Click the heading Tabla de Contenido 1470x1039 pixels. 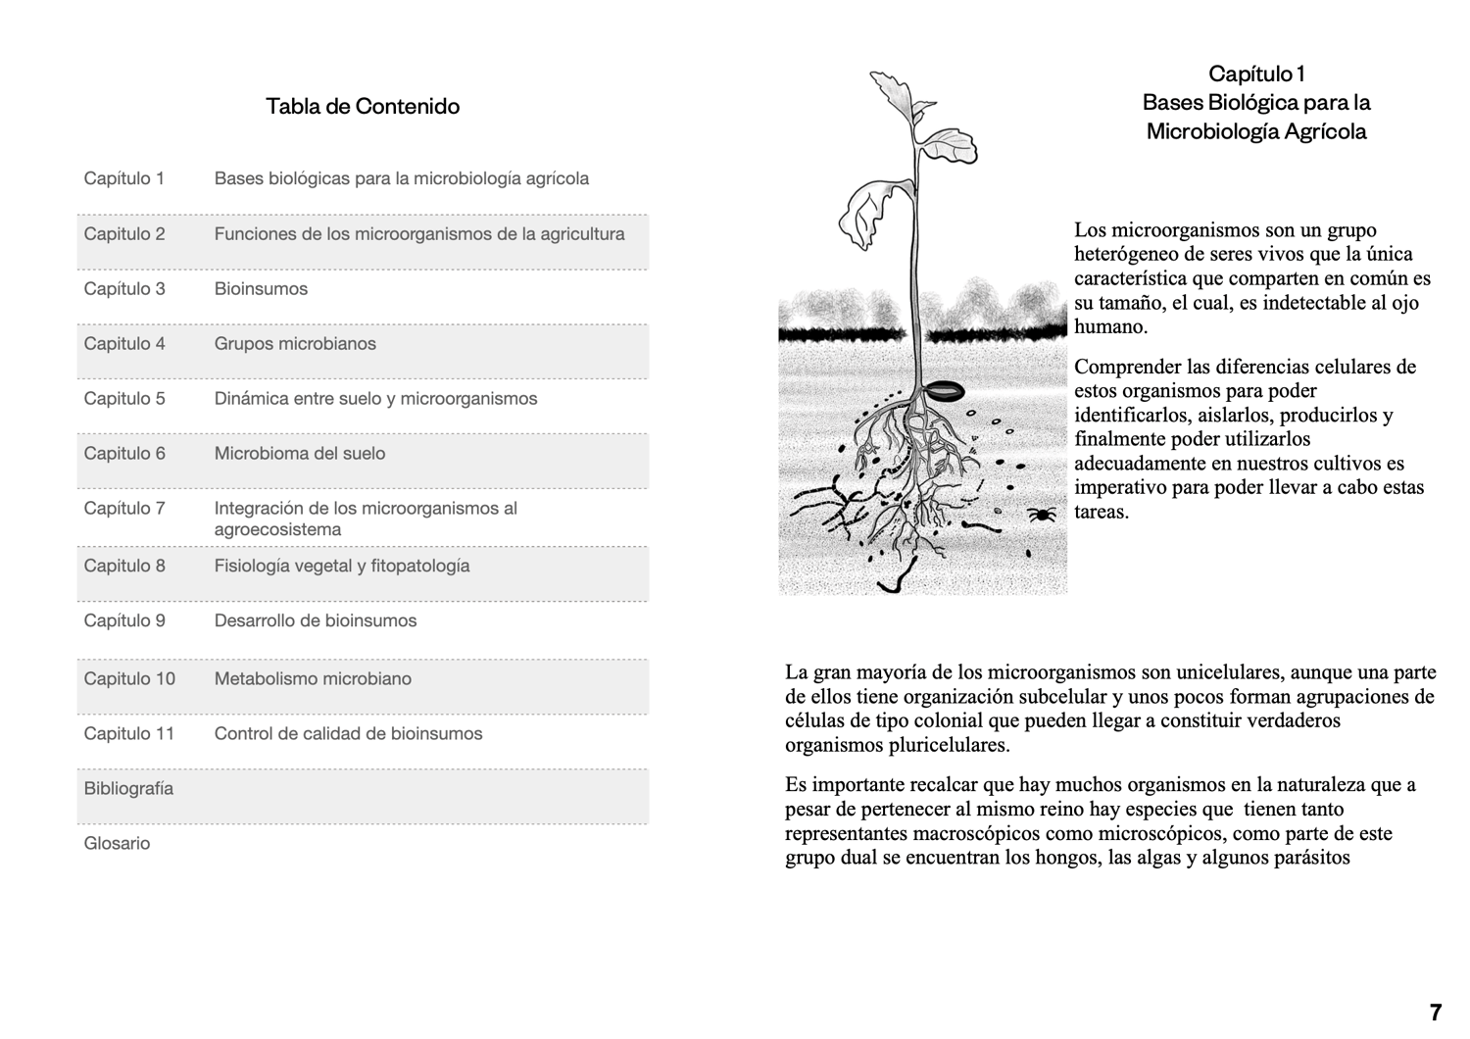(x=363, y=106)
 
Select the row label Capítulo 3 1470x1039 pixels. (x=124, y=289)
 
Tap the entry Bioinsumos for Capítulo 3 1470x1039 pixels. (x=261, y=289)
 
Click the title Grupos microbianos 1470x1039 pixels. (x=295, y=344)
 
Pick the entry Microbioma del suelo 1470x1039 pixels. (x=300, y=454)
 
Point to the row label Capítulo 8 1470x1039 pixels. (x=124, y=566)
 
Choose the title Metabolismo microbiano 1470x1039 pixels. (x=313, y=679)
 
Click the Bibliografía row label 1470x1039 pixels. (x=128, y=789)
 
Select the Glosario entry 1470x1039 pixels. (x=117, y=844)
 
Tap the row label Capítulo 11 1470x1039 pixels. (x=129, y=734)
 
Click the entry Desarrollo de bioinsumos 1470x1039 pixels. (x=316, y=620)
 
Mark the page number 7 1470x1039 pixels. (x=1436, y=1013)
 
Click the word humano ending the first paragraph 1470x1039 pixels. (x=1110, y=327)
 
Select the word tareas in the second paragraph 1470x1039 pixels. (x=1102, y=512)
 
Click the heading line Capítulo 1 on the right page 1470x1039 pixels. (x=1256, y=74)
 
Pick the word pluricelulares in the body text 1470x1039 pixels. (x=947, y=745)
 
